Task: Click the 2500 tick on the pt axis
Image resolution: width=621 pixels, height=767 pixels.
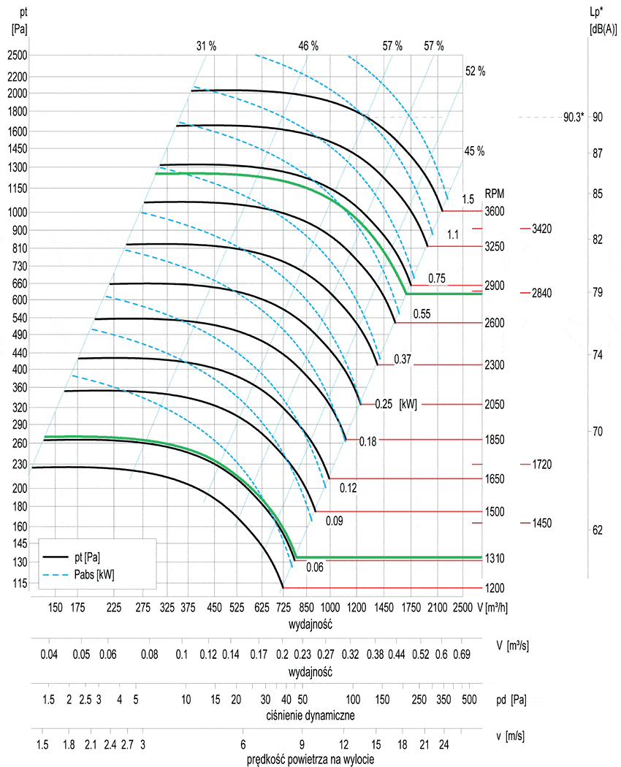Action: coord(18,55)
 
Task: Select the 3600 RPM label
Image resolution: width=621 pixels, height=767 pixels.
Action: coord(495,211)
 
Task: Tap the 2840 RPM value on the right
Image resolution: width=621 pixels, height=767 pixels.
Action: coord(541,293)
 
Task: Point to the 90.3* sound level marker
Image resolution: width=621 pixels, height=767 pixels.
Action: coord(574,117)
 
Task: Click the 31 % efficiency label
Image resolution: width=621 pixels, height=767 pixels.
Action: coord(206,45)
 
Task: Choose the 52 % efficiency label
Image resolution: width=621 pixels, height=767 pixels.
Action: coord(475,71)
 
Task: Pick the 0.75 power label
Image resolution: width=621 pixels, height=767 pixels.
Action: coord(437,278)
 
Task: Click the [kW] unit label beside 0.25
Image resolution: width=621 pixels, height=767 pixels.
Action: coord(408,404)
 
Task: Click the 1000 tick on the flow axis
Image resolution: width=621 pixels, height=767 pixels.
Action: coord(329,607)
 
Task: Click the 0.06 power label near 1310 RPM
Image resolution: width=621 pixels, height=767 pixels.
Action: coord(315,567)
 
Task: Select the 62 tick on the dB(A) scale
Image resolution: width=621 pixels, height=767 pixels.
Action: coord(597,529)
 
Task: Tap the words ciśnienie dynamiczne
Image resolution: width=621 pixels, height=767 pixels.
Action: coord(310,715)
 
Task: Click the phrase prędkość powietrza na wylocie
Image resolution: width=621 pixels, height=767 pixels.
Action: coord(311,760)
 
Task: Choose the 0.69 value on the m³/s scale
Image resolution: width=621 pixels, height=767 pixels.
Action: coord(461,654)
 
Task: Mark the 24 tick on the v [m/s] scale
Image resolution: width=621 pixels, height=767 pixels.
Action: coord(443,744)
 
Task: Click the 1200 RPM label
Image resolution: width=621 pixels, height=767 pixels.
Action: coord(495,588)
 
